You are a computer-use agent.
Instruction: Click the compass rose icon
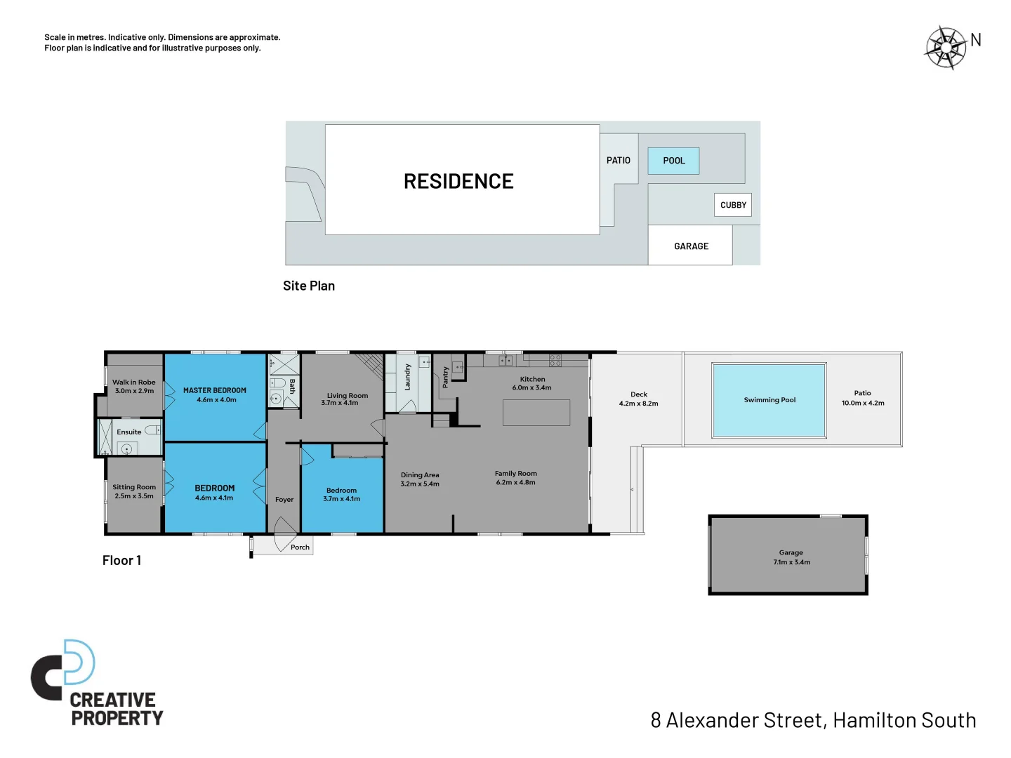click(x=946, y=48)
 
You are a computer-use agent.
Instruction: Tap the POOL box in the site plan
click(x=673, y=161)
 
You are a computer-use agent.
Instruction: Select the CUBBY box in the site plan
click(x=733, y=205)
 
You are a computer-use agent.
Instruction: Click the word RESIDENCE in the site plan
click(x=458, y=182)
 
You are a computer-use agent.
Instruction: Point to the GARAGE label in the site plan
click(x=691, y=246)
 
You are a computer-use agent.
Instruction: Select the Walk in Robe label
click(x=134, y=383)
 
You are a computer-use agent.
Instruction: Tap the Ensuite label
click(x=129, y=432)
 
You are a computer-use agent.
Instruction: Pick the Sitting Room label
click(x=134, y=487)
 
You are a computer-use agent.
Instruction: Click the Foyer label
click(x=284, y=500)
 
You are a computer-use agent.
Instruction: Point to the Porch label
click(x=300, y=547)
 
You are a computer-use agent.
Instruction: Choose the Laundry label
click(x=408, y=377)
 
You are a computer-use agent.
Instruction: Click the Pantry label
click(x=445, y=377)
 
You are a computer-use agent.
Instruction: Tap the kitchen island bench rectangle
click(x=536, y=413)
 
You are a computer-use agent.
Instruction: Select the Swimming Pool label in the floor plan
click(x=769, y=400)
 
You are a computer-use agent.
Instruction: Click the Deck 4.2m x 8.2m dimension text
click(x=638, y=404)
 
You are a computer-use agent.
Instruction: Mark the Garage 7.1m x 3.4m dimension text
click(x=791, y=562)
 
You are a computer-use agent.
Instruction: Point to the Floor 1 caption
click(x=121, y=560)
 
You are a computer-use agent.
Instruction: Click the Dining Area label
click(x=420, y=475)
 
